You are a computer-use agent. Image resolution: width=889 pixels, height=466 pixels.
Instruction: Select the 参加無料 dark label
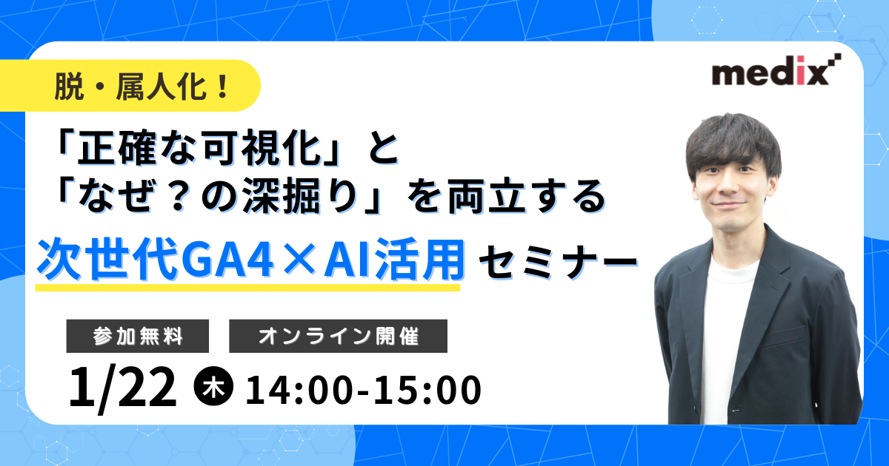pyautogui.click(x=138, y=336)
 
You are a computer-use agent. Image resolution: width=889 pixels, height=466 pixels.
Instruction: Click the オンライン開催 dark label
pyautogui.click(x=339, y=336)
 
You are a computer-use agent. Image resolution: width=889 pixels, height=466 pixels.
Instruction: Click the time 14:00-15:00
pyautogui.click(x=364, y=389)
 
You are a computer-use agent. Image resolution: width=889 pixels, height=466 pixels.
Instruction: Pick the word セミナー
pyautogui.click(x=556, y=262)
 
